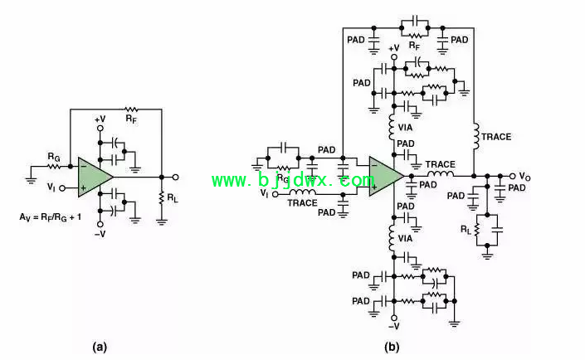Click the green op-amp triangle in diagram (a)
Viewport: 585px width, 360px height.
pos(93,178)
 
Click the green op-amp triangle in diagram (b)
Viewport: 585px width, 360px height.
pos(383,176)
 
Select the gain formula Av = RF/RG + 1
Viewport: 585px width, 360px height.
pos(51,216)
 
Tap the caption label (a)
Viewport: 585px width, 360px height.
pos(100,348)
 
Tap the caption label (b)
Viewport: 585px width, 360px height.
pos(392,348)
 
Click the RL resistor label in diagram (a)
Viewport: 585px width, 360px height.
pos(173,198)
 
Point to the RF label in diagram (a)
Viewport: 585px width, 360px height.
pos(131,119)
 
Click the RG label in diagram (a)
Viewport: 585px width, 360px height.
pos(54,157)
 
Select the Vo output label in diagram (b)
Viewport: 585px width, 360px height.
pos(524,177)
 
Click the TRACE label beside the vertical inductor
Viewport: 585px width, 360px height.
pos(496,137)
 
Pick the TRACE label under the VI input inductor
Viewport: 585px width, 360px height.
pos(302,203)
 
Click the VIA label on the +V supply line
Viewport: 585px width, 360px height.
pos(405,128)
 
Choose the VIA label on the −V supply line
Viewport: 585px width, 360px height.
pos(405,238)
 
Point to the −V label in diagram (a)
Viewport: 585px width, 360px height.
pos(100,234)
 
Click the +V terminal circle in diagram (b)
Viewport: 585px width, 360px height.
pos(393,57)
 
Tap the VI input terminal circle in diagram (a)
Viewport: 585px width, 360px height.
pos(62,188)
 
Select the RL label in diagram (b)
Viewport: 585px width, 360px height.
pos(466,230)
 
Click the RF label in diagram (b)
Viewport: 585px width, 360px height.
pos(414,46)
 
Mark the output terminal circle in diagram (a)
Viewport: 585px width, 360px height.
pos(175,178)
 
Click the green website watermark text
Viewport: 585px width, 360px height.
pos(293,180)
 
